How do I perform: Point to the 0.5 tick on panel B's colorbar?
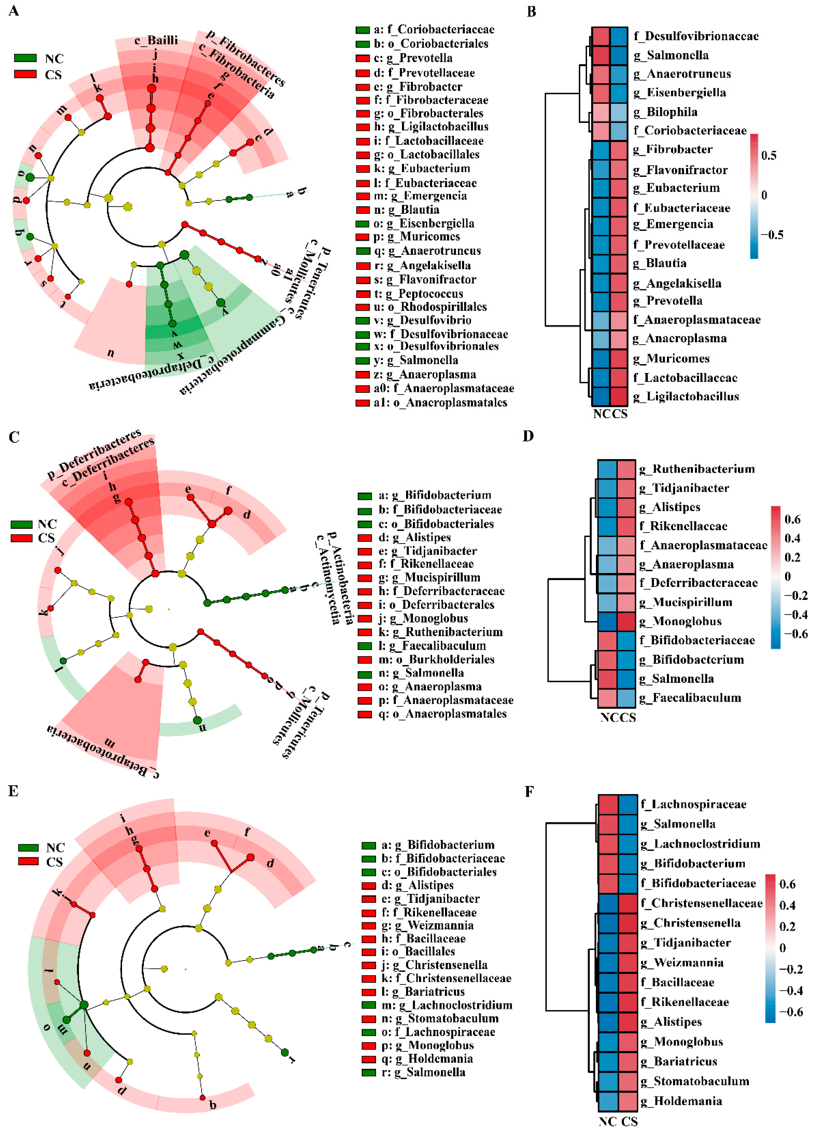tap(769, 155)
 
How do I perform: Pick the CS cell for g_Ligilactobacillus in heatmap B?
tap(619, 396)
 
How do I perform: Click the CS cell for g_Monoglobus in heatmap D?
tap(626, 621)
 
